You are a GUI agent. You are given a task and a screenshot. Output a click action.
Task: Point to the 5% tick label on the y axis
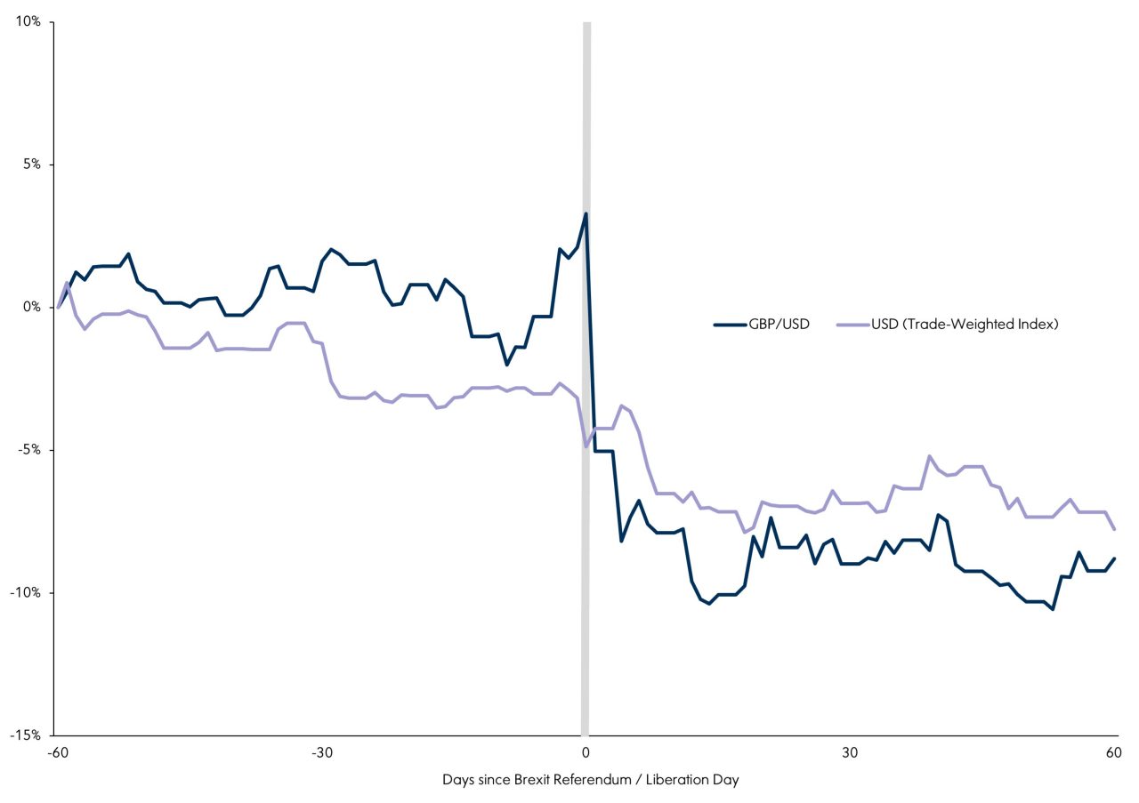pos(31,165)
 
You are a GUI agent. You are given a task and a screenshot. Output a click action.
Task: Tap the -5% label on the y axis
pos(29,450)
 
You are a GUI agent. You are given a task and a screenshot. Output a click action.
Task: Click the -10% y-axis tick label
pos(27,593)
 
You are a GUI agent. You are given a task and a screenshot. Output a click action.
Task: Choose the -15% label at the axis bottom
pos(27,735)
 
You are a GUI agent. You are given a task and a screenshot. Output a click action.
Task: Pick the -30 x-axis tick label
pos(321,752)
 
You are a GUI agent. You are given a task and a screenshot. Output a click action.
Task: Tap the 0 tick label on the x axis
pos(586,752)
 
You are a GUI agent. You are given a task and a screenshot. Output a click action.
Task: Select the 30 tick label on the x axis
pos(850,752)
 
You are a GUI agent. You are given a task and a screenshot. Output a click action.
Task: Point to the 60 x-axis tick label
pos(1113,752)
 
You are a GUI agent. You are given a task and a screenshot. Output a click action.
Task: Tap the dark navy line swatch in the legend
pos(730,325)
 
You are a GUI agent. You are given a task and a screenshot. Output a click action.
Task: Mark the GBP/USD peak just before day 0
pos(586,213)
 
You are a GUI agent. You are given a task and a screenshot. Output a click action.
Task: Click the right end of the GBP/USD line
pos(1114,558)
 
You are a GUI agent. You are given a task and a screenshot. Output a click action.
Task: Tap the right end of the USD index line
pos(1114,529)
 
